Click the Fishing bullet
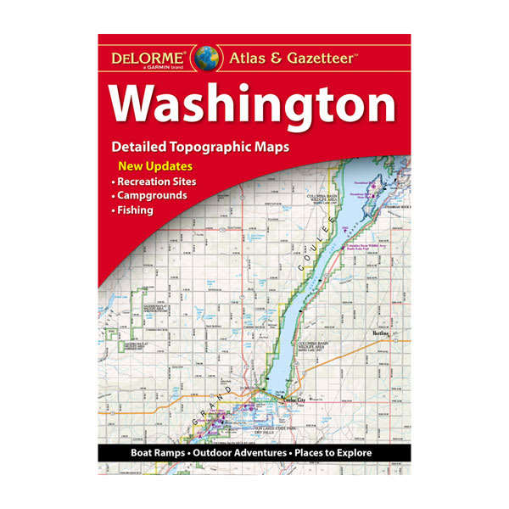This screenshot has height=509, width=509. click(136, 210)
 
